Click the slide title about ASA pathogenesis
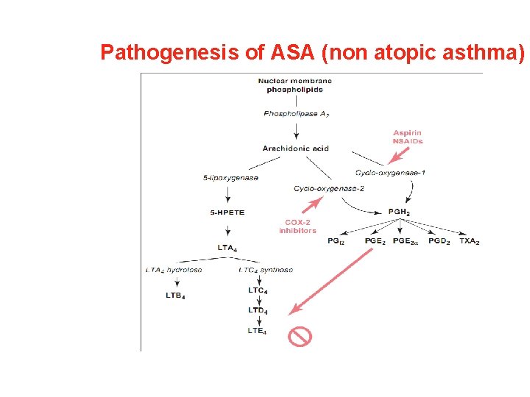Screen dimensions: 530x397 pos(313,52)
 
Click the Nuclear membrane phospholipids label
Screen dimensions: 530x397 pos(294,85)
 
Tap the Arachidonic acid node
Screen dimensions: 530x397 pos(295,149)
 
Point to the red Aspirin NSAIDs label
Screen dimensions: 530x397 pos(408,137)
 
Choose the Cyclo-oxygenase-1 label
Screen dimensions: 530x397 pos(389,173)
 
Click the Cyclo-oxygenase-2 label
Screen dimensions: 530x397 pos(329,189)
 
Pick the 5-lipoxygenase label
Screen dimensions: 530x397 pos(230,178)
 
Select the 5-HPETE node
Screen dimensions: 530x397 pos(227,212)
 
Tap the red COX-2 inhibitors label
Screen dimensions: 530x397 pos(297,226)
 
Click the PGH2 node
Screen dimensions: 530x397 pos(399,213)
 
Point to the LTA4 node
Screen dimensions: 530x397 pos(227,248)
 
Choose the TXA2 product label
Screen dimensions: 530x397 pos(469,241)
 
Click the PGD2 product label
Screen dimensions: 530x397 pos(438,241)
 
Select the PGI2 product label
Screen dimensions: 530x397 pos(336,241)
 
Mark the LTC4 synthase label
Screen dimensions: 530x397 pos(266,270)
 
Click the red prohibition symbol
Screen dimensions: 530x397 pos(300,337)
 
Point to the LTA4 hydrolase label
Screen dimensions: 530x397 pos(174,270)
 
